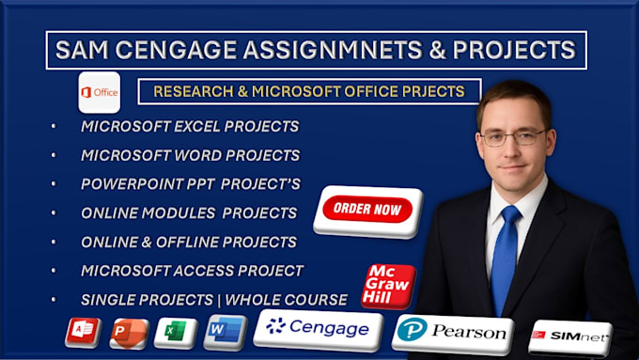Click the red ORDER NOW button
(x=367, y=210)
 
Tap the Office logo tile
(x=99, y=92)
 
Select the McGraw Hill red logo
(x=387, y=285)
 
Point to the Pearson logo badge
(x=453, y=331)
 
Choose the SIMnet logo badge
(x=569, y=336)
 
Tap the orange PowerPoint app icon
(x=129, y=333)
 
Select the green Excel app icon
(x=176, y=333)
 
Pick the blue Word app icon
(x=224, y=332)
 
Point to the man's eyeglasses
(x=512, y=137)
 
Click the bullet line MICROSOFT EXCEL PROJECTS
(x=190, y=126)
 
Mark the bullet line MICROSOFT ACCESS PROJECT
(x=192, y=271)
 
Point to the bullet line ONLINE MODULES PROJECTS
(x=189, y=212)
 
